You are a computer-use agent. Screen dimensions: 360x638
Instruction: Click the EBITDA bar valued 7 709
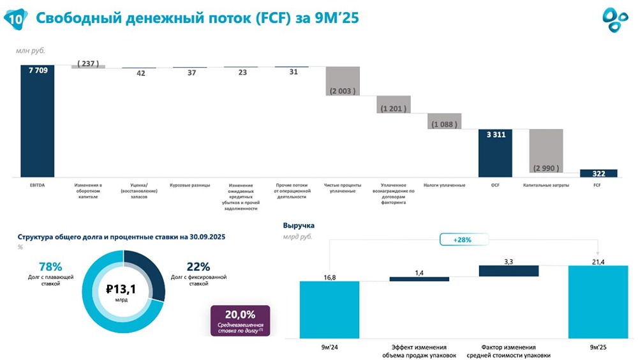click(37, 121)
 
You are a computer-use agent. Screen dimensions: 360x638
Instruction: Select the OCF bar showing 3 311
click(496, 153)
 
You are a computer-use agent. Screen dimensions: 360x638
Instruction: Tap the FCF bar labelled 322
click(598, 173)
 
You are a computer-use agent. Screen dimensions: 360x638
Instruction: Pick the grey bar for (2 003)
click(343, 81)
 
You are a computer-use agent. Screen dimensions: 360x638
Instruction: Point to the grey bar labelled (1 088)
click(444, 121)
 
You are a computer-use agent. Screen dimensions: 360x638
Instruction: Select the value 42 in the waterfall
click(140, 73)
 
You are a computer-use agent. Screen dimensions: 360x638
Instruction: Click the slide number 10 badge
click(17, 19)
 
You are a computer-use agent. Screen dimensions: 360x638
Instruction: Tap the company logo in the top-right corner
click(615, 19)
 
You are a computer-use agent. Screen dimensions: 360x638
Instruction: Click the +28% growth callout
click(463, 239)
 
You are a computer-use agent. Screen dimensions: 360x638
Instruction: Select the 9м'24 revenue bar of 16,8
click(330, 309)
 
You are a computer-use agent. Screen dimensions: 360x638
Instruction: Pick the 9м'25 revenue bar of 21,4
click(597, 301)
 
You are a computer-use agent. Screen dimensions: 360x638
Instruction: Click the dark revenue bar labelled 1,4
click(419, 279)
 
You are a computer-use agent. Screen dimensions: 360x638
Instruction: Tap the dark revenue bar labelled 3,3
click(508, 271)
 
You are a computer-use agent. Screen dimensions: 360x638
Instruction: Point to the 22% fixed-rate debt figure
click(198, 267)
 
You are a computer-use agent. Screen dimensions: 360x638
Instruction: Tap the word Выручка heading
click(299, 225)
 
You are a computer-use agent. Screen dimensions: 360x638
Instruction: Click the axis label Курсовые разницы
click(190, 186)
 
